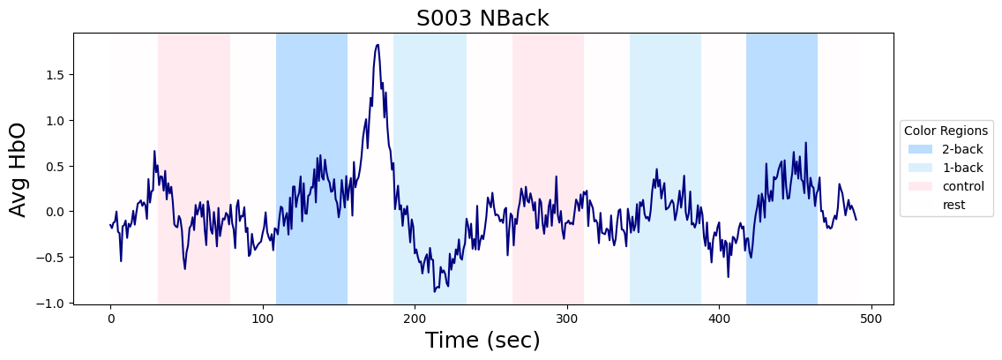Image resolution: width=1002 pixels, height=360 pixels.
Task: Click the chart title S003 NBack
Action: [482, 19]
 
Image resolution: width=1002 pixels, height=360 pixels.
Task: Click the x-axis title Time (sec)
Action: [482, 340]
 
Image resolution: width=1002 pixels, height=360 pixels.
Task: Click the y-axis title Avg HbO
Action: [19, 169]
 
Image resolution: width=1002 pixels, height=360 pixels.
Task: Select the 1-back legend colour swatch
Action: [920, 168]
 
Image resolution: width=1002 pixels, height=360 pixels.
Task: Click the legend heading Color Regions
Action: [946, 131]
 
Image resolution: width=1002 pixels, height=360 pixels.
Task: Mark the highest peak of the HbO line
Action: [378, 45]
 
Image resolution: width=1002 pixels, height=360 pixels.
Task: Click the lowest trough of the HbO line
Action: [434, 291]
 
